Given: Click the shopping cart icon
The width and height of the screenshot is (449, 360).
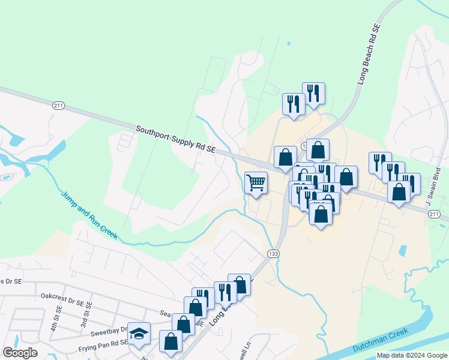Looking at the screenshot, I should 256,182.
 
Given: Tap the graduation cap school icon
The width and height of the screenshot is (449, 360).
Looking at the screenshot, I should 139,334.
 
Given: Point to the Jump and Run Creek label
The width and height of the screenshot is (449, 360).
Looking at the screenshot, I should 89,214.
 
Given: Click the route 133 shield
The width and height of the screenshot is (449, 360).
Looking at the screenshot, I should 273,254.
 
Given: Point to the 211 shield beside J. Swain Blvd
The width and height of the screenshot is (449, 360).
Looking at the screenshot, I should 435,214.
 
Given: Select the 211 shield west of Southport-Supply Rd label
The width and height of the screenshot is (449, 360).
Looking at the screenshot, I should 58,106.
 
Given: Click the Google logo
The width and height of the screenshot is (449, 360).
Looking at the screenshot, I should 20,352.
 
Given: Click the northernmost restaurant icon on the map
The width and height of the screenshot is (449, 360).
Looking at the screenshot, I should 313,93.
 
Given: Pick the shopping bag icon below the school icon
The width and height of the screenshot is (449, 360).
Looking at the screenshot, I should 171,341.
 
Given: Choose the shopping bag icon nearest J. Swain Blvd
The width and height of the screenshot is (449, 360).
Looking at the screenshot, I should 400,191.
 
